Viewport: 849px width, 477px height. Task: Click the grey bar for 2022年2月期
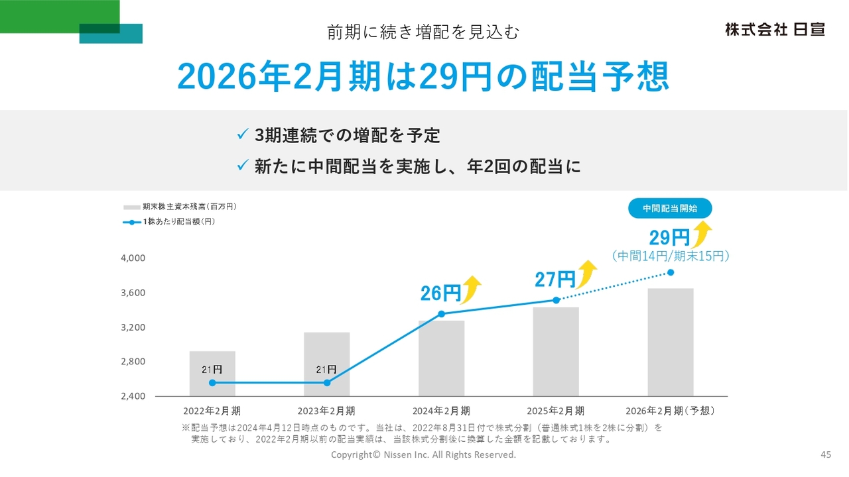(212, 374)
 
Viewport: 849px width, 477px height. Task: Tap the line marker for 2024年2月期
(442, 314)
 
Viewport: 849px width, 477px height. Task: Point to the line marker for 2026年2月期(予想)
(671, 272)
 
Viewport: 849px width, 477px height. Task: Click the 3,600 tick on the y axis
(133, 293)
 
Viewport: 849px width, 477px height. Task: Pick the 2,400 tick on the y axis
(133, 396)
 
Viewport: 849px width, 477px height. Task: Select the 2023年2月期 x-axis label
(326, 411)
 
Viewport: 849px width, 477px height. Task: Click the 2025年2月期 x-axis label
(556, 411)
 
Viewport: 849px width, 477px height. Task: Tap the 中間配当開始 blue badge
(670, 208)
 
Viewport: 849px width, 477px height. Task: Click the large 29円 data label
(669, 237)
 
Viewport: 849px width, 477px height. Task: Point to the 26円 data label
(440, 293)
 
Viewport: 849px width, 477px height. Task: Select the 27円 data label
(555, 279)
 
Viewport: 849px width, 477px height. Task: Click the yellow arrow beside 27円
(587, 274)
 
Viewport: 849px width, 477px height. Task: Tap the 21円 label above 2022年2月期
(212, 369)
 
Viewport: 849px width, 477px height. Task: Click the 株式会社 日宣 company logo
(775, 30)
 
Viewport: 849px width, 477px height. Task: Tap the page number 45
(826, 454)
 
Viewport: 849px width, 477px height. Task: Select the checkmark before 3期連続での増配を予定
(243, 135)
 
